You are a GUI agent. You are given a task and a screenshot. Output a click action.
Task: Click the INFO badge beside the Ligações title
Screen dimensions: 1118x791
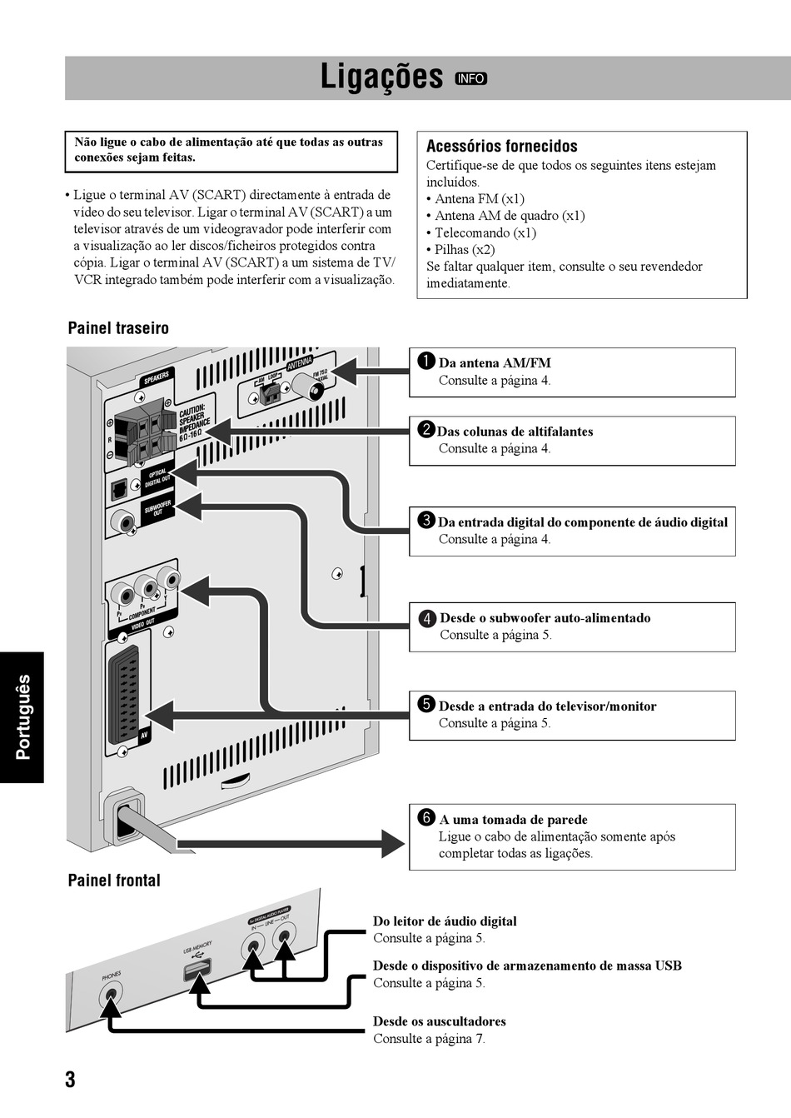470,78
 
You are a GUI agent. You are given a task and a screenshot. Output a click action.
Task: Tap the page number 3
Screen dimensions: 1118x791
70,1080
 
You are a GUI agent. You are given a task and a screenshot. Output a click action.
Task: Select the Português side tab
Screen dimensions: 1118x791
22,717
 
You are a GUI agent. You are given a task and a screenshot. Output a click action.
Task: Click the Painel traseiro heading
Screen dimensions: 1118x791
118,328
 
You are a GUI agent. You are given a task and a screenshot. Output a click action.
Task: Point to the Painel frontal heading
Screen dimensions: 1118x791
114,881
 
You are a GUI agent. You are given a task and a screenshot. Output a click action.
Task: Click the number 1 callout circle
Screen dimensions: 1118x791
426,361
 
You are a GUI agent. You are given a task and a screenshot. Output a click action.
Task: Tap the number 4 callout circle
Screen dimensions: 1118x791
427,618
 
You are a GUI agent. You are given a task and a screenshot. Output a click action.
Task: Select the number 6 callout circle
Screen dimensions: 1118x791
426,817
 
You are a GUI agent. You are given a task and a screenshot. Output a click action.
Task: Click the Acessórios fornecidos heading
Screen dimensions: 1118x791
501,147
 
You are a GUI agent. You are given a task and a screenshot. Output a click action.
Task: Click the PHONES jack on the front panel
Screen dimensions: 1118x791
111,995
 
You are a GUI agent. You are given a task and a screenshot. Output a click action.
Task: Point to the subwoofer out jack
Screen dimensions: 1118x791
127,524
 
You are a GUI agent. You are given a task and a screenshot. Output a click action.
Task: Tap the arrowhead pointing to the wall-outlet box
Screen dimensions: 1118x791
391,842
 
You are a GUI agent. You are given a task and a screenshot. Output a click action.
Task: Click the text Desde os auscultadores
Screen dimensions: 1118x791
439,1021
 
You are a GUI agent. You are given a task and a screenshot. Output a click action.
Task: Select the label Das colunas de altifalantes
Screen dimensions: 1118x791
515,432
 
